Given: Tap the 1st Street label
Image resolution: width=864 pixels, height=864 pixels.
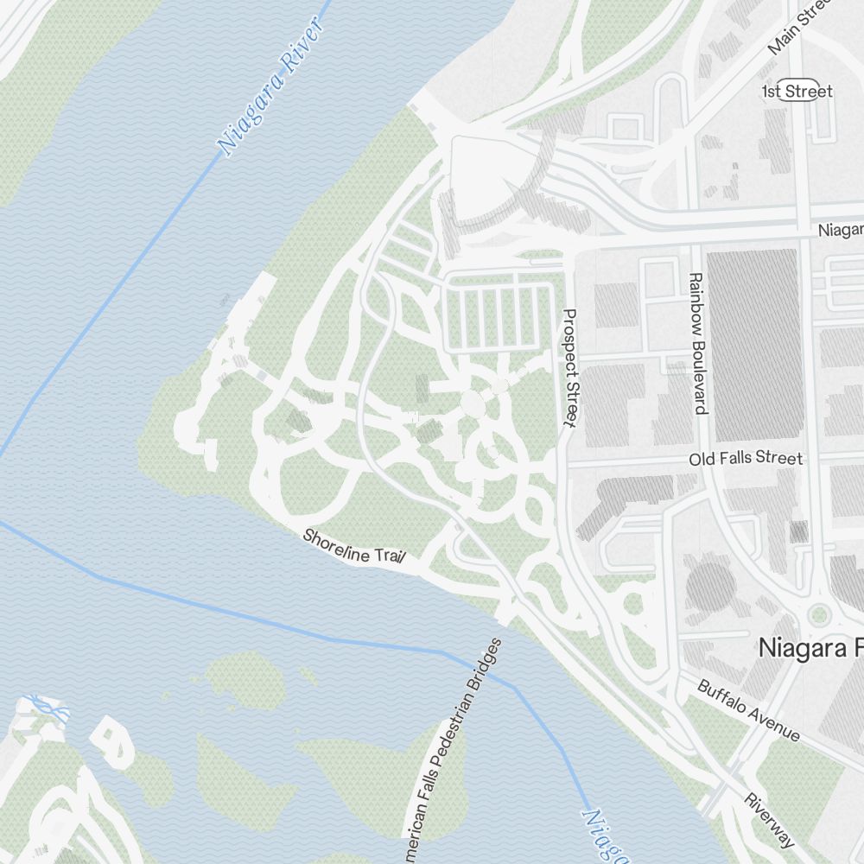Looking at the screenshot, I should click(797, 92).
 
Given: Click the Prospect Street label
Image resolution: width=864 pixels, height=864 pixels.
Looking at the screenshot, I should click(569, 367).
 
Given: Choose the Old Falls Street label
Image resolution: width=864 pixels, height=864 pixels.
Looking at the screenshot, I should click(746, 458).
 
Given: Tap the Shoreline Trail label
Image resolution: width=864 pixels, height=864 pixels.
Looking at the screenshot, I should click(354, 547).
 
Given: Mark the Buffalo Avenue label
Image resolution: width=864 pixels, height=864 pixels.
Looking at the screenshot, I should click(748, 710).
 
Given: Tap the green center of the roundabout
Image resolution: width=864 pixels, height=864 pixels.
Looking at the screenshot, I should click(818, 615).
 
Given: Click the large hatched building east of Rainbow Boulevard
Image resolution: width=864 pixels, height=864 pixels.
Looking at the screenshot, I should click(752, 346).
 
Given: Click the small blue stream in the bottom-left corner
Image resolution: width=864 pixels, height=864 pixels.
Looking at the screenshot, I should click(48, 710).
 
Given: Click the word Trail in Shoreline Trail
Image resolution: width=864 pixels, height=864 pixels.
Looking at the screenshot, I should click(389, 556).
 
